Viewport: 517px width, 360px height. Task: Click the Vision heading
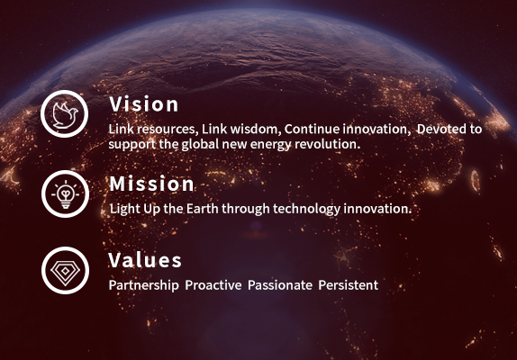click(x=144, y=104)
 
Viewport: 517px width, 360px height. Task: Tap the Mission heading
click(x=151, y=184)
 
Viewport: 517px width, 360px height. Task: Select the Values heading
click(x=145, y=260)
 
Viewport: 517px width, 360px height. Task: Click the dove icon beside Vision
click(x=65, y=114)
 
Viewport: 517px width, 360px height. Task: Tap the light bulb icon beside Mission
click(x=65, y=194)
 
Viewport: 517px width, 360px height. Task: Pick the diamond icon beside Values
click(x=65, y=270)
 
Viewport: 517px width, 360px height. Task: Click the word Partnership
click(x=144, y=285)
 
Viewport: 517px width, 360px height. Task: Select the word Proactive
click(x=213, y=285)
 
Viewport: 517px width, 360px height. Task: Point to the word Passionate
click(x=280, y=285)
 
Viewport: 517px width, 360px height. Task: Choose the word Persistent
click(x=349, y=285)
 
